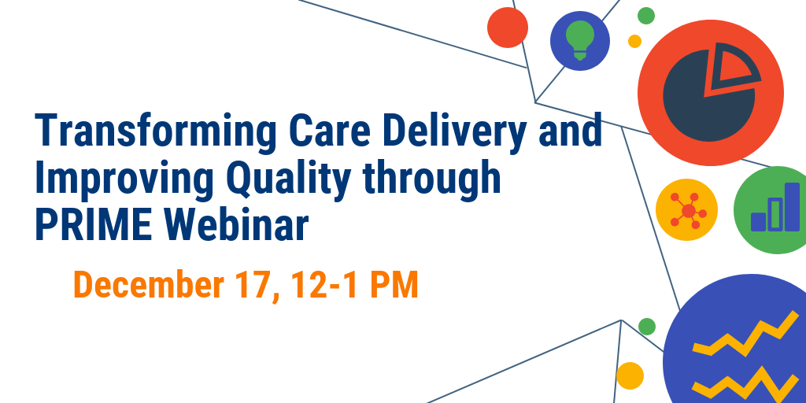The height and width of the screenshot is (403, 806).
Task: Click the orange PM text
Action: tap(394, 285)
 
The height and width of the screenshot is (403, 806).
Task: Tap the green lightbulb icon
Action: tap(580, 40)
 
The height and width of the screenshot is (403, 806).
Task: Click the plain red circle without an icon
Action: tap(508, 28)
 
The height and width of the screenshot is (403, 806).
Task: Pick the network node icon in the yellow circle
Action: tap(688, 209)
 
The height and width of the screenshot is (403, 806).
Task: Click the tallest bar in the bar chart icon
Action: tap(792, 207)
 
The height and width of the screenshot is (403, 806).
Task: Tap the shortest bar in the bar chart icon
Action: tap(758, 221)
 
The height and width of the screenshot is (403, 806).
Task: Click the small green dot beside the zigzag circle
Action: tap(647, 327)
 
